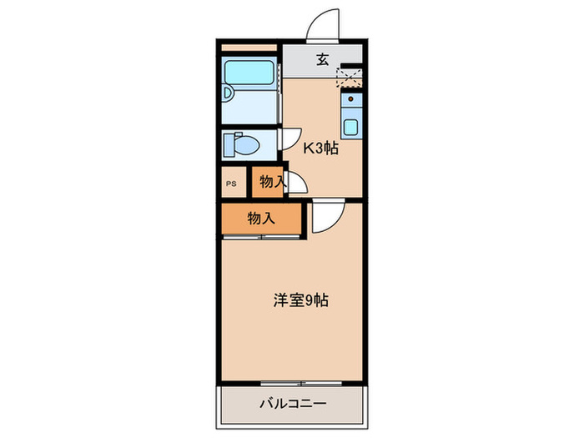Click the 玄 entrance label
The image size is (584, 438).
322,58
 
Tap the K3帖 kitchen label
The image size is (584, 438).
320,150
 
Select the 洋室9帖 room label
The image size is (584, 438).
301,300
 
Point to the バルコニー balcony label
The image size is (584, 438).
291,404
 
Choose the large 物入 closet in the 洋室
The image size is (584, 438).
261,219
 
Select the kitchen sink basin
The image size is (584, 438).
351,128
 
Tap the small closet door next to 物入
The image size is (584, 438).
296,183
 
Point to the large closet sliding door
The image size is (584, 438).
260,238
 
